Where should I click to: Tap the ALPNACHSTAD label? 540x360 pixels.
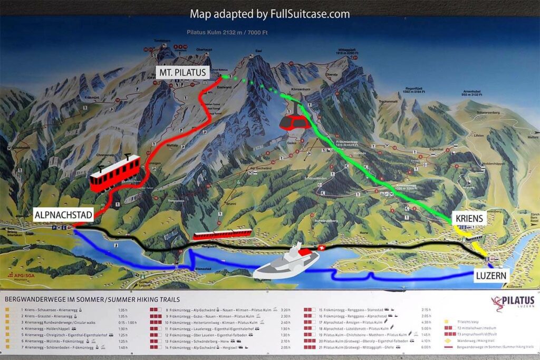pyautogui.click(x=64, y=215)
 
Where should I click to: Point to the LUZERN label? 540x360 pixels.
pyautogui.click(x=491, y=275)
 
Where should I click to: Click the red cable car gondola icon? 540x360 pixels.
pyautogui.click(x=295, y=122)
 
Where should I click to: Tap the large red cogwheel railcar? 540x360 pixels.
pyautogui.click(x=115, y=173)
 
